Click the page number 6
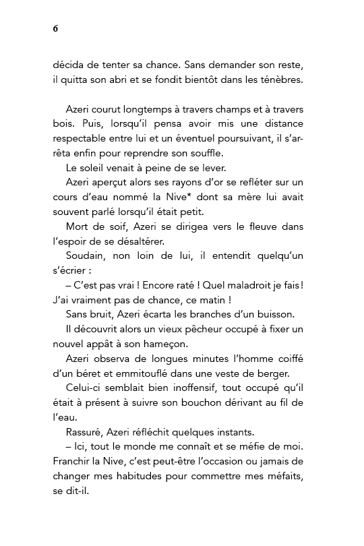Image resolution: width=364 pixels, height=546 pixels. click(x=55, y=28)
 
